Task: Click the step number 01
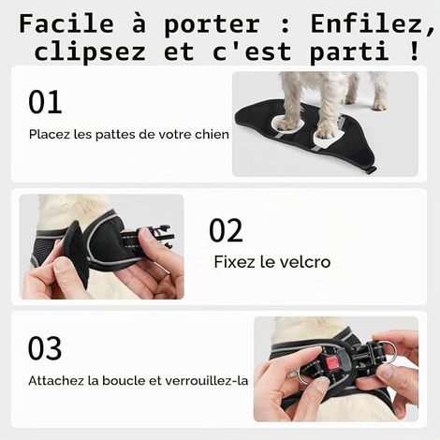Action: [45, 102]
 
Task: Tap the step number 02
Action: [226, 230]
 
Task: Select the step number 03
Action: [45, 348]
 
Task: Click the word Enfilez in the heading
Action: [373, 24]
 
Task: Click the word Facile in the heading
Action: [66, 23]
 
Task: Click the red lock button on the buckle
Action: [331, 362]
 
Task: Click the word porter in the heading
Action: [212, 25]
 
